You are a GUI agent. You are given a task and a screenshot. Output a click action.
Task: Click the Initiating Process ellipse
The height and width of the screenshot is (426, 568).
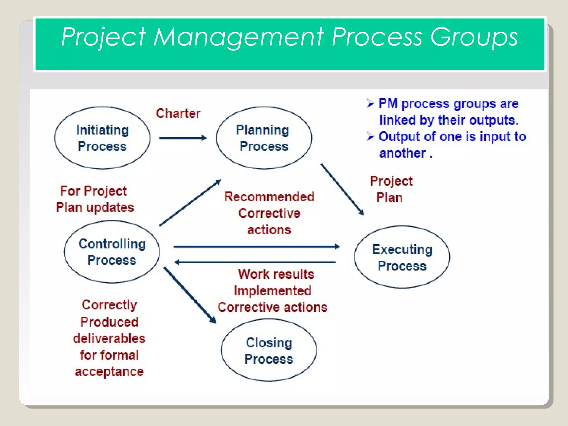(102, 138)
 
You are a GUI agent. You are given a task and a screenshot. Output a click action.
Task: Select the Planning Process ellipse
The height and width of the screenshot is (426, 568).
(264, 138)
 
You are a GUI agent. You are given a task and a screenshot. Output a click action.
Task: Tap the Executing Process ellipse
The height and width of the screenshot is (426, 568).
(402, 257)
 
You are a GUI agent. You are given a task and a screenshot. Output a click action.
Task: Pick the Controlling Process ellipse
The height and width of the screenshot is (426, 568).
(112, 252)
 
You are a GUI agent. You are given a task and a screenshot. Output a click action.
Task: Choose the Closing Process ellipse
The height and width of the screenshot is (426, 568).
(269, 350)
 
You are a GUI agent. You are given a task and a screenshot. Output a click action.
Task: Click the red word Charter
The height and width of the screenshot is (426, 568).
(178, 113)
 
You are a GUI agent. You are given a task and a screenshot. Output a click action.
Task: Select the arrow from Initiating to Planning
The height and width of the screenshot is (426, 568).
(183, 138)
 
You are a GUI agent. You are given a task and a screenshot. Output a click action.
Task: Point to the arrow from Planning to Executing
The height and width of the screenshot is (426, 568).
(342, 189)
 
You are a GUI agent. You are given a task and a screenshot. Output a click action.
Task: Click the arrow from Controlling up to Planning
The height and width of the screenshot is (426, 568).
(190, 203)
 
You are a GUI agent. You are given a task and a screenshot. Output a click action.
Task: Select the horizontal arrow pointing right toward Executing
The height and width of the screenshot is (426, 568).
(256, 246)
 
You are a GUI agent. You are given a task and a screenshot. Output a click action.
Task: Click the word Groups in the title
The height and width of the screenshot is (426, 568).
(474, 37)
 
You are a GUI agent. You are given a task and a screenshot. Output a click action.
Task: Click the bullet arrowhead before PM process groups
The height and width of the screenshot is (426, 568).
(370, 103)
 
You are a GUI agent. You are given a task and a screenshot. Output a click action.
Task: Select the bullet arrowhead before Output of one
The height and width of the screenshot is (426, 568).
(370, 136)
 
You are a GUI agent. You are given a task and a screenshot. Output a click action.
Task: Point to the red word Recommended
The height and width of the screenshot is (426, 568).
(269, 197)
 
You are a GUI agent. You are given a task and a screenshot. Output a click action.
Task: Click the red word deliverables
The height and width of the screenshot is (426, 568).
(109, 339)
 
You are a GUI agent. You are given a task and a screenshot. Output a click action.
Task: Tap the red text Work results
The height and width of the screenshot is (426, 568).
(276, 274)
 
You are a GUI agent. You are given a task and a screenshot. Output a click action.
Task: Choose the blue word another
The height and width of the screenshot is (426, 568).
(402, 153)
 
